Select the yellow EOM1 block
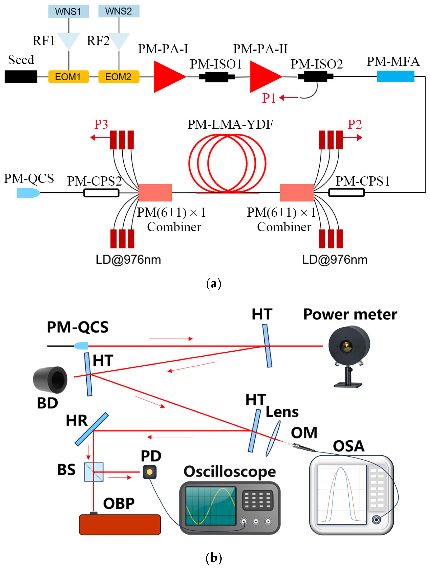68,77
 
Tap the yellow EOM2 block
119,77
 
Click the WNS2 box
119,11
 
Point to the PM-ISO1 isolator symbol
217,77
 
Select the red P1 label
269,98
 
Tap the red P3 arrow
99,137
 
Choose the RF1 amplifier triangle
69,40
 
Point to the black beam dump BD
50,380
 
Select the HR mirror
91,429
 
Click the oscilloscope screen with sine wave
210,506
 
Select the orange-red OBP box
120,525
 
